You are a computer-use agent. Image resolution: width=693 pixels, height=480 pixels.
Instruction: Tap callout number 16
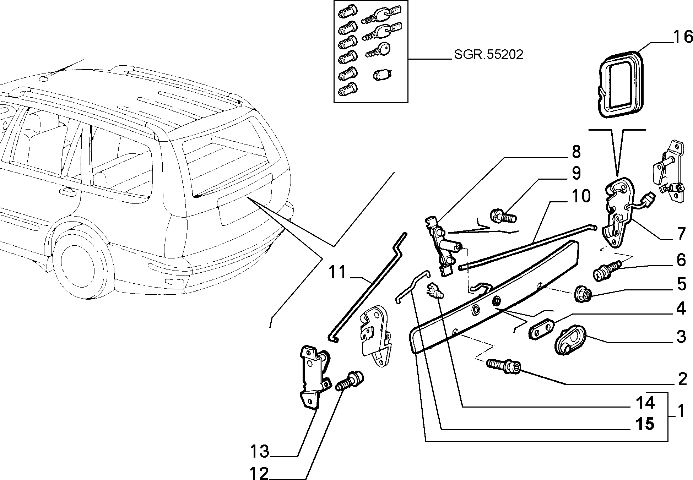(682, 37)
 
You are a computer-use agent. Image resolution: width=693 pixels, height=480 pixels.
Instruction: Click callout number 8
(576, 152)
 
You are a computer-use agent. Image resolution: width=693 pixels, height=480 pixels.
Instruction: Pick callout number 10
(581, 196)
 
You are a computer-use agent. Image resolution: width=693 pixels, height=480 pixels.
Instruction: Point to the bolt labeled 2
(504, 366)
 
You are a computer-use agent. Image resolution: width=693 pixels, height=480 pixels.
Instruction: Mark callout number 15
(645, 424)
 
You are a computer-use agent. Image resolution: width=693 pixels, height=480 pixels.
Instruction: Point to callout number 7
(681, 234)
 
